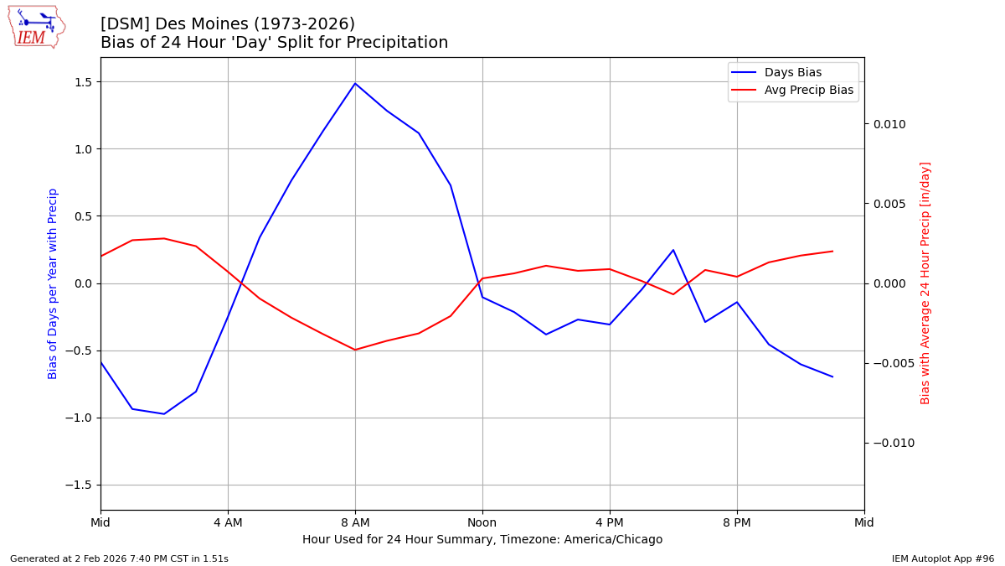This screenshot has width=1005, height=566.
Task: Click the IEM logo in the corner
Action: click(36, 27)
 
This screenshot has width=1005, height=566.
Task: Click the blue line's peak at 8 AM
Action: click(355, 83)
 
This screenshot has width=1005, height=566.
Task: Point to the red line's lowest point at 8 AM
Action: click(355, 350)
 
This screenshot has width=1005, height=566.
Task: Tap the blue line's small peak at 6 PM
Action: click(673, 250)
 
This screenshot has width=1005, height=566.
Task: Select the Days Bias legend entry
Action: click(792, 73)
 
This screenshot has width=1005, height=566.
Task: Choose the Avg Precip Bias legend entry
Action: click(808, 91)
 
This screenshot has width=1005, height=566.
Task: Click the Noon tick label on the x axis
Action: click(482, 522)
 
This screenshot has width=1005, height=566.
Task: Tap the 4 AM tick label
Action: click(228, 522)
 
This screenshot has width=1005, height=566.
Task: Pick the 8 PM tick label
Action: click(737, 522)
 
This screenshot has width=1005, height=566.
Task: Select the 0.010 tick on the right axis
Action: click(889, 124)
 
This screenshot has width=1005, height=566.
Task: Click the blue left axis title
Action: click(53, 283)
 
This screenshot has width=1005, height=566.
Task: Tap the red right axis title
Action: click(925, 283)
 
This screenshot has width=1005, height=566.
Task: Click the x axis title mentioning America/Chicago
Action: click(482, 540)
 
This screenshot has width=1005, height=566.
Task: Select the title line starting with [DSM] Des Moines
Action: click(228, 24)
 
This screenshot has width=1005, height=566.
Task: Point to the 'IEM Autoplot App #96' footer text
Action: click(943, 558)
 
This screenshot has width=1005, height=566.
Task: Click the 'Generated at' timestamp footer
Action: click(119, 558)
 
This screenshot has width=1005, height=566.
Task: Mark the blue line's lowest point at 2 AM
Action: click(164, 413)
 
